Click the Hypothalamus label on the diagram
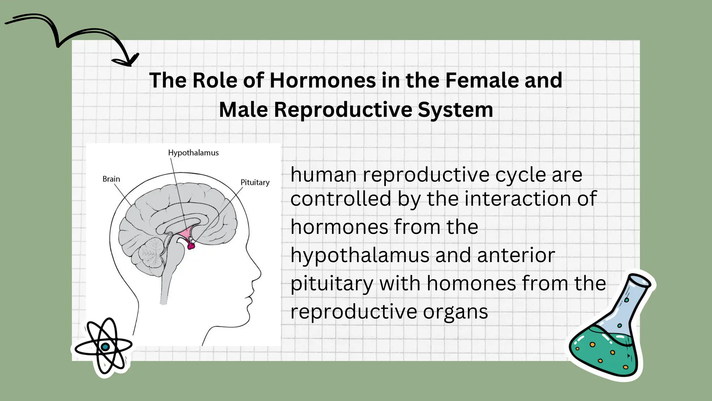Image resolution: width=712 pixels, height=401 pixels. [193, 153]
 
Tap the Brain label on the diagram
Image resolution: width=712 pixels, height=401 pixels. [111, 179]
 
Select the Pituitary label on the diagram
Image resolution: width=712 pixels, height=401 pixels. [255, 182]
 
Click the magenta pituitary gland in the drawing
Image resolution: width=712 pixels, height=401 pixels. [191, 246]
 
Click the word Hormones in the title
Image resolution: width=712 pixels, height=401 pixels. [323, 80]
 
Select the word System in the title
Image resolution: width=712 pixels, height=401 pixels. [455, 110]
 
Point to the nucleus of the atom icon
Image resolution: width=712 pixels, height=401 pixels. [105, 346]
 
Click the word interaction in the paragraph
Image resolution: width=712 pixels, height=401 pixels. [518, 199]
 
